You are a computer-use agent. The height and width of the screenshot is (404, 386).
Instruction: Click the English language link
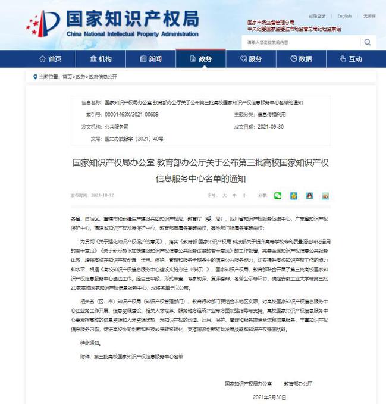coord(344,17)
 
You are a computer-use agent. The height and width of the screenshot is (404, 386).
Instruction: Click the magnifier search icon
coord(368,42)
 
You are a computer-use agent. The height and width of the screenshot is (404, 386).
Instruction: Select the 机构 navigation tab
coord(101,59)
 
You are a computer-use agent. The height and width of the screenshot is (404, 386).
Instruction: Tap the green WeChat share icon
coord(278,195)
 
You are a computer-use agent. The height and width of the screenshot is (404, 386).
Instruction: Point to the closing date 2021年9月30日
coord(269,396)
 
